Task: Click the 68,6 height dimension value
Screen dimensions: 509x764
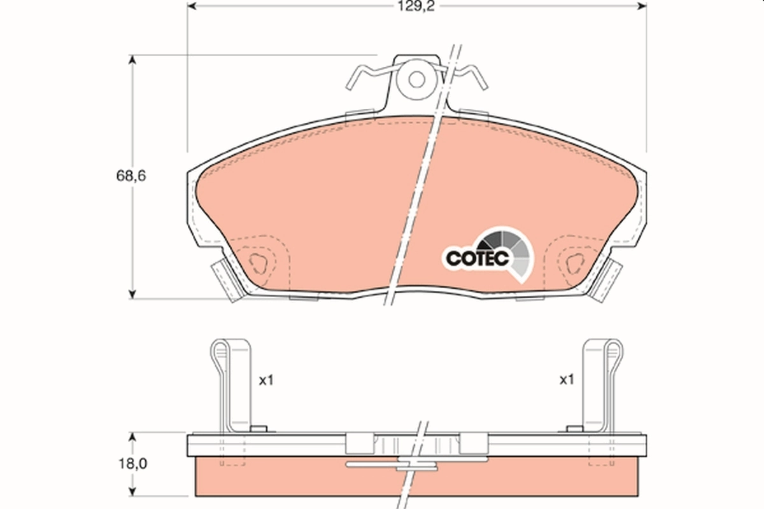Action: coord(131,176)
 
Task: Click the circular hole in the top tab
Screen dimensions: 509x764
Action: coord(416,80)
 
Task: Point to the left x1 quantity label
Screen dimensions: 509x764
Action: coord(265,380)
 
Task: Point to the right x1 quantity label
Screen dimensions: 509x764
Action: coord(566,380)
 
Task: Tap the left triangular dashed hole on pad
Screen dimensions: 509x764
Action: coord(258,262)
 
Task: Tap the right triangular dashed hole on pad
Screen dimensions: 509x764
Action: coord(573,262)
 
